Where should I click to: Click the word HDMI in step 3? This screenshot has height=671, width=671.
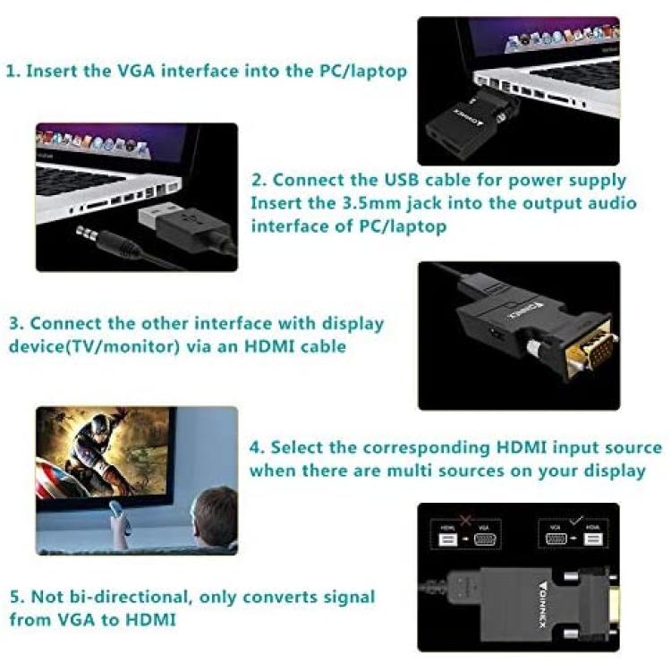(268, 345)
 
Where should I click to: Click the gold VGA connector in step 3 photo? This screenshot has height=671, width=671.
(590, 350)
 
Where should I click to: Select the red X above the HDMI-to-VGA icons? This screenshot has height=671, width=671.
(465, 521)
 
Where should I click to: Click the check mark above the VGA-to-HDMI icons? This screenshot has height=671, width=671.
(576, 520)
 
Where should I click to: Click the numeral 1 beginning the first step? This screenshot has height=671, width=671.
(11, 71)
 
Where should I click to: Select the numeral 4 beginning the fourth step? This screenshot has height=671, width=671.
(256, 447)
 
